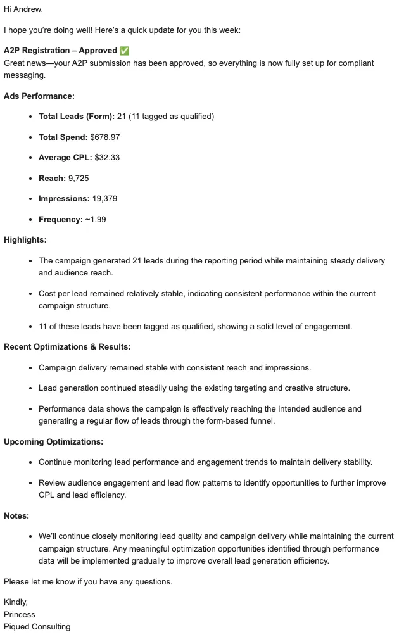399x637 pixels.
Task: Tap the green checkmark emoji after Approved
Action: pos(125,51)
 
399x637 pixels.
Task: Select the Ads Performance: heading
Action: pos(39,96)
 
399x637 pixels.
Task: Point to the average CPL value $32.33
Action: pos(107,158)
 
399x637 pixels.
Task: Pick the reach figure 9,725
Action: pos(79,178)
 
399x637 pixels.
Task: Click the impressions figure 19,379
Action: pos(104,199)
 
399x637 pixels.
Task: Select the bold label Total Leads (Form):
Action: pos(77,117)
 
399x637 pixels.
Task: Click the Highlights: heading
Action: pos(25,240)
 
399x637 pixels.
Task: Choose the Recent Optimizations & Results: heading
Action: pos(67,347)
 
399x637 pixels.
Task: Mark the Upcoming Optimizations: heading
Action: pos(54,442)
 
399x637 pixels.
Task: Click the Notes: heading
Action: pos(16,516)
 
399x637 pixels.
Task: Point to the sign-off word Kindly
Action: pos(16,602)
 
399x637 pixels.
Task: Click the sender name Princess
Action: pos(20,614)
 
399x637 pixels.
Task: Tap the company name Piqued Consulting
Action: pos(37,627)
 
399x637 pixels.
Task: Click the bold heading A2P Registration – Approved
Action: pos(60,51)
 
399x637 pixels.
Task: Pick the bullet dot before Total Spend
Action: pos(31,137)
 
